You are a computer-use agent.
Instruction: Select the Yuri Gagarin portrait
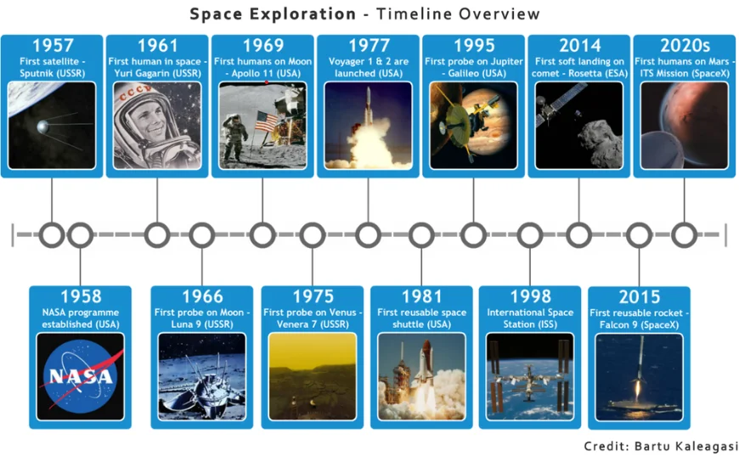click(x=157, y=125)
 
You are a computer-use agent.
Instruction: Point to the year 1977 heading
click(x=368, y=45)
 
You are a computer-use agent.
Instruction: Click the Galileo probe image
click(x=473, y=125)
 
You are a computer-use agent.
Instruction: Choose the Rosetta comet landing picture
click(x=578, y=125)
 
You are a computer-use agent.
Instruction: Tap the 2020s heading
click(x=684, y=45)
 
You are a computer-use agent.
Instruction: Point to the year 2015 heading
click(x=639, y=296)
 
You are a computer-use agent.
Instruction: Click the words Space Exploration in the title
click(x=273, y=14)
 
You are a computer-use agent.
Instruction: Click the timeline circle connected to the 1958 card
click(x=80, y=234)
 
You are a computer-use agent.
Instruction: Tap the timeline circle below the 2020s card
click(x=684, y=234)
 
